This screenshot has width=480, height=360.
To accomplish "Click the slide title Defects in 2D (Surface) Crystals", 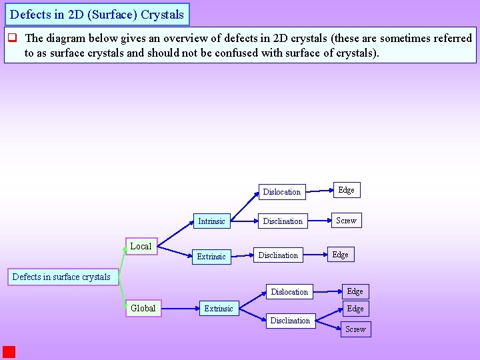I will pyautogui.click(x=97, y=14).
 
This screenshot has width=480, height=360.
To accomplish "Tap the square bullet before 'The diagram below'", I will pyautogui.click(x=11, y=39).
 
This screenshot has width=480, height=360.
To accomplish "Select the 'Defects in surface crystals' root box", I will pyautogui.click(x=61, y=277).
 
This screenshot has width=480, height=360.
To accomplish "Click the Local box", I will pyautogui.click(x=141, y=246).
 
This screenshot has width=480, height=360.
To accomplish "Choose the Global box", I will pyautogui.click(x=143, y=308).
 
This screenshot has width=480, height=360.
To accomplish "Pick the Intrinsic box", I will pyautogui.click(x=211, y=221).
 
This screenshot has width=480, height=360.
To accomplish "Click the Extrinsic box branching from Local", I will pyautogui.click(x=211, y=256).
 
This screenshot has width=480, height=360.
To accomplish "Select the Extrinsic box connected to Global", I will pyautogui.click(x=219, y=308).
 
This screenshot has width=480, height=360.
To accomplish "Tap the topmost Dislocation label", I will pyautogui.click(x=281, y=192).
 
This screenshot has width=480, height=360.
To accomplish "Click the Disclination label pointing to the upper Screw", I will pyautogui.click(x=283, y=221).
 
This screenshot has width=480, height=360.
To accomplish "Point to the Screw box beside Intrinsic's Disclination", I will pyautogui.click(x=347, y=220).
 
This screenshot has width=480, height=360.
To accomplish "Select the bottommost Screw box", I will pyautogui.click(x=355, y=329).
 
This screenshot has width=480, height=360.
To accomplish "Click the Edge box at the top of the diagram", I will pyautogui.click(x=347, y=190).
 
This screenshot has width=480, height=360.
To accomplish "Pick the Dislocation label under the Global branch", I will pyautogui.click(x=289, y=291).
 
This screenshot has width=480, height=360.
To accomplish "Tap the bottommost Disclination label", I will pyautogui.click(x=290, y=321).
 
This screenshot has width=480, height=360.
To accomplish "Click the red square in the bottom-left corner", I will pyautogui.click(x=9, y=352).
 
